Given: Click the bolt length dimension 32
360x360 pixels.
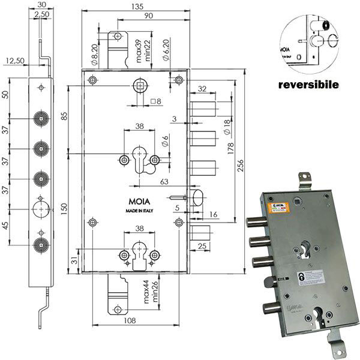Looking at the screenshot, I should pos(202,89).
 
